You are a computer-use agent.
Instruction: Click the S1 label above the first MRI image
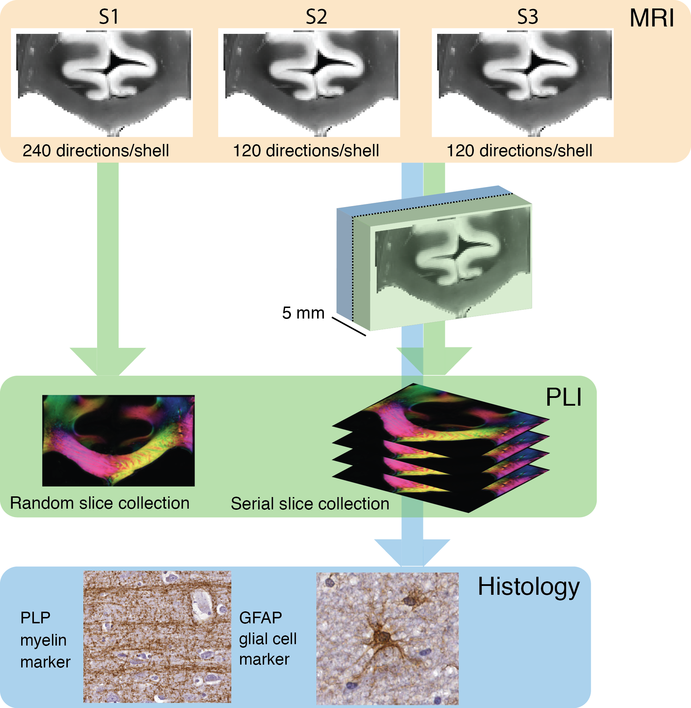tap(108, 17)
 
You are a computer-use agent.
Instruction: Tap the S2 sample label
tap(316, 17)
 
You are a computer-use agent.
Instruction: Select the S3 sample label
tap(527, 17)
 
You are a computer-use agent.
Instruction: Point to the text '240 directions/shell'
tap(96, 150)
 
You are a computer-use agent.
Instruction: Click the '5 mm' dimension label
tap(303, 313)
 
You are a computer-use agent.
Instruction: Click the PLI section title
tap(563, 397)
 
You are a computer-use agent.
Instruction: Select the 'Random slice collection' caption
tap(100, 503)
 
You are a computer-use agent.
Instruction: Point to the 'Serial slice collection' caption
tap(310, 504)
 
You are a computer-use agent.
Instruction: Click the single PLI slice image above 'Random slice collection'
tap(118, 441)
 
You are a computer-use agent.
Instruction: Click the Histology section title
tap(529, 587)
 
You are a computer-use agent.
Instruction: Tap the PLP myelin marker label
tap(44, 640)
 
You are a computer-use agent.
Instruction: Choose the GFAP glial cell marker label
tap(268, 639)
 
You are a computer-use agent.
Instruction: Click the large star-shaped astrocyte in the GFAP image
tap(382, 636)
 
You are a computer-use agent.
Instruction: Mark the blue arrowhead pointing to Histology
tap(412, 552)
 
